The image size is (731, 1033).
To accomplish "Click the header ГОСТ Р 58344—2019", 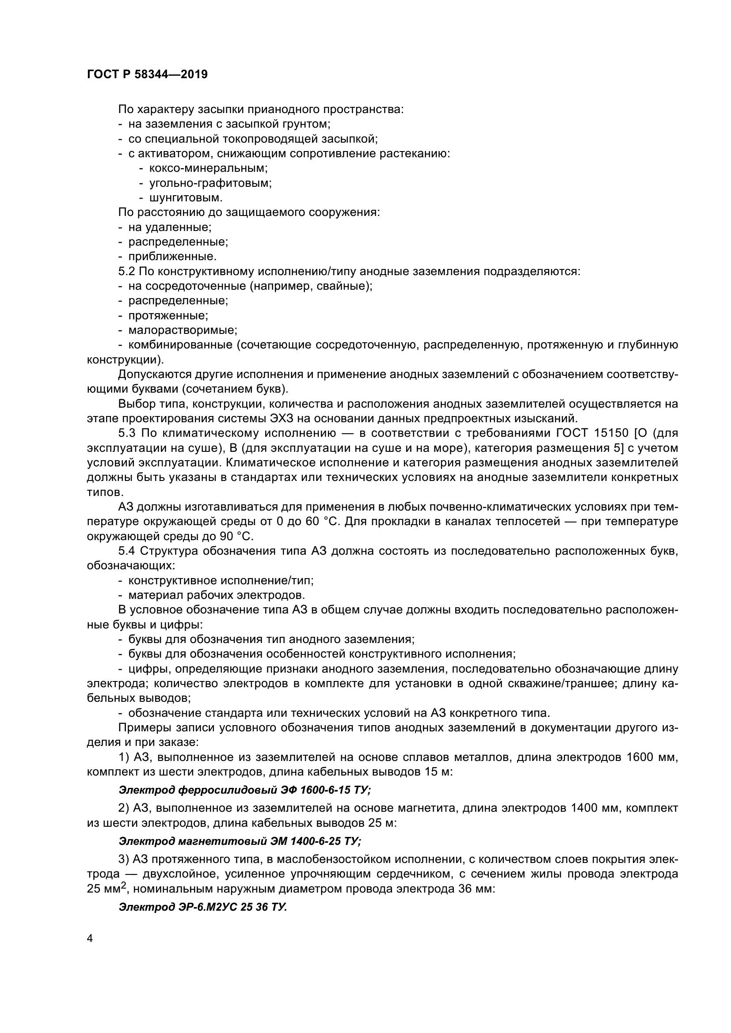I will coord(147,75).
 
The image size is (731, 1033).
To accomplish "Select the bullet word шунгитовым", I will coord(186,197).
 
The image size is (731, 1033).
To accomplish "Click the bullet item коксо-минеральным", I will coord(208,168).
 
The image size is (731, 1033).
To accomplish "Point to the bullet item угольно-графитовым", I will coord(210,183).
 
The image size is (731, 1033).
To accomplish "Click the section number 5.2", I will coord(126,271).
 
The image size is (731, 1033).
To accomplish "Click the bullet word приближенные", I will coord(172,257).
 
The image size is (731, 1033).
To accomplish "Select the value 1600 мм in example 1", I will coord(652,757).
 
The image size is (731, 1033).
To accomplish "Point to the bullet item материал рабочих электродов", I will coord(217,595).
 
